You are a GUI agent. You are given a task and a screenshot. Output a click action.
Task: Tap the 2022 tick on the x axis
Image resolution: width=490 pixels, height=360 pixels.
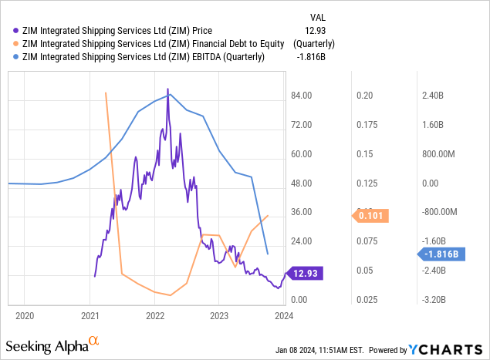155,315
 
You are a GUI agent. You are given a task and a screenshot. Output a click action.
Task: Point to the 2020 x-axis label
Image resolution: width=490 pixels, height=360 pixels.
25,315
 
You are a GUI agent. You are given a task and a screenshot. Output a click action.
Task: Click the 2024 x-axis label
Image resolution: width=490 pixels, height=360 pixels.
283,315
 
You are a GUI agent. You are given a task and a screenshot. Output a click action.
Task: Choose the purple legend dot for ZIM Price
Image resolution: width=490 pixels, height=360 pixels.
17,30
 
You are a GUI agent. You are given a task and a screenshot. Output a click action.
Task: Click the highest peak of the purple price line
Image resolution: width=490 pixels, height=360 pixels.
167,89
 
